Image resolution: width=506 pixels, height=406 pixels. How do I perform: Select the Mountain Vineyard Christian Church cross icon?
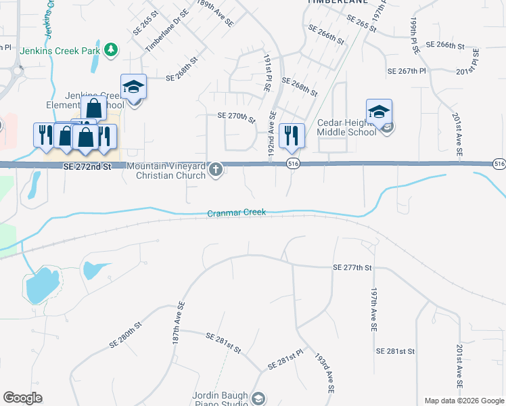[x=216, y=169]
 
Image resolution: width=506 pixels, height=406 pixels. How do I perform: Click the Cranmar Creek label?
[x=237, y=212]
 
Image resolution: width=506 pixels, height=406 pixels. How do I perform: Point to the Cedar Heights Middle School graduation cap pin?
[x=379, y=112]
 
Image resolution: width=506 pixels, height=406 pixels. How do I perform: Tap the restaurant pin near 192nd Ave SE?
[x=292, y=135]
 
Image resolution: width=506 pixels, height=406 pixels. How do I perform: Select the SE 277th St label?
[x=352, y=268]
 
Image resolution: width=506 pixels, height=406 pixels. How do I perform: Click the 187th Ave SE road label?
[x=179, y=325]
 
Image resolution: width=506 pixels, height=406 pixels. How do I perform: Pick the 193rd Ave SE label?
[x=325, y=371]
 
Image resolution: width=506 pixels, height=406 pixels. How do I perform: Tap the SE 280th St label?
[x=125, y=335]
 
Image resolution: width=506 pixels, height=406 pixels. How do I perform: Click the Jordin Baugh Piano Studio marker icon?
[x=258, y=398]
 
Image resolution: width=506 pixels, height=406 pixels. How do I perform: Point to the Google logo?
[x=22, y=398]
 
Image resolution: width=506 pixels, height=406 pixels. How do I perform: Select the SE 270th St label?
[x=236, y=118]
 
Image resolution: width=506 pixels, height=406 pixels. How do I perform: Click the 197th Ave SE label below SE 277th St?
[x=373, y=309]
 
